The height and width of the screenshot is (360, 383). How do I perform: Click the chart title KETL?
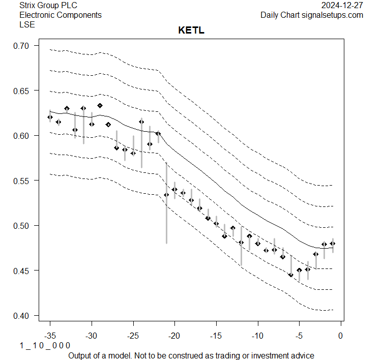tap(191, 31)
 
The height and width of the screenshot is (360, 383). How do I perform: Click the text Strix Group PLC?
tap(48, 6)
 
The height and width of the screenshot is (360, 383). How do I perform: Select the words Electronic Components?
tap(60, 15)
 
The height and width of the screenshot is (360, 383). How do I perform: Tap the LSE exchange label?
tap(27, 24)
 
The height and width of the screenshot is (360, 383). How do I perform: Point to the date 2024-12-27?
tap(342, 6)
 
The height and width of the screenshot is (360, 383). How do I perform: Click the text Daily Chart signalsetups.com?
tap(312, 15)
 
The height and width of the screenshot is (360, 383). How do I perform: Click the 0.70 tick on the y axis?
tap(22, 46)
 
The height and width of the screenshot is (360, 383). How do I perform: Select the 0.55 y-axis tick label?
tap(22, 181)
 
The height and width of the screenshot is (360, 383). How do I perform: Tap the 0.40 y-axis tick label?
tap(22, 316)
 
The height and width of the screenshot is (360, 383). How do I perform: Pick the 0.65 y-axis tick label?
tap(22, 91)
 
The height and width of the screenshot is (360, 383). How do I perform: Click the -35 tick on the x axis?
tap(50, 336)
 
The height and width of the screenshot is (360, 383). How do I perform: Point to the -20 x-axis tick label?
tap(174, 336)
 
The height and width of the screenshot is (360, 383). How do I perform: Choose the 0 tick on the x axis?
tap(340, 336)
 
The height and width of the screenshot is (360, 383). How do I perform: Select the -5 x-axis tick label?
tap(299, 336)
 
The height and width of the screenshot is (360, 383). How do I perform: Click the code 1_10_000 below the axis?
tap(45, 346)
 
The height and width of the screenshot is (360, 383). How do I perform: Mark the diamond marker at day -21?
tap(166, 195)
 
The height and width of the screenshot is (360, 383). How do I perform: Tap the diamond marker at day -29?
tap(100, 106)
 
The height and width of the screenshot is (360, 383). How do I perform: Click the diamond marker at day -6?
tap(291, 275)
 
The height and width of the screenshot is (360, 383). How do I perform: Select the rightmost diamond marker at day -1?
tap(333, 244)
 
